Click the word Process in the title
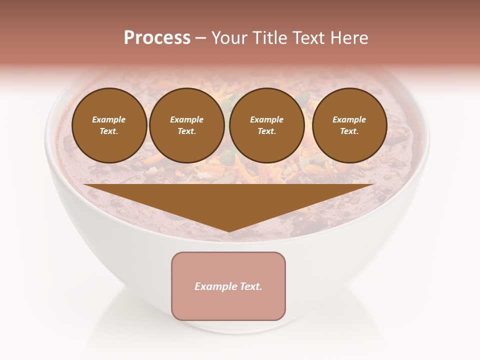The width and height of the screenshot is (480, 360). point(157,38)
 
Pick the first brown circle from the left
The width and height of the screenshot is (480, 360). point(109,125)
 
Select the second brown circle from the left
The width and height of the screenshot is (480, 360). point(187,125)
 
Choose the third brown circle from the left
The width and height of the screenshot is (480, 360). point(267,125)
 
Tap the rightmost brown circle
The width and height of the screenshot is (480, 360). point(349,125)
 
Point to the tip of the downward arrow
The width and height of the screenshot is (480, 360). point(229,230)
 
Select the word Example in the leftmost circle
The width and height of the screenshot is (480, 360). point(109,120)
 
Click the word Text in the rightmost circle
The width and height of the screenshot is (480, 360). point(349,131)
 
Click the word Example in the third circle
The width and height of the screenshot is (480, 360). point(267,120)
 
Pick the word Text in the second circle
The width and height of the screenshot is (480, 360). point(186,131)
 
